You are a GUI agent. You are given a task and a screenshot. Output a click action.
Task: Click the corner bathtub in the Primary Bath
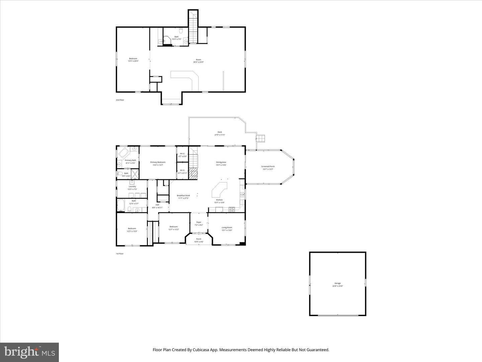click(x=124, y=154)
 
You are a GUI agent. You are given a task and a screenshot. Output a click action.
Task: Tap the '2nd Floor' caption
click(x=120, y=100)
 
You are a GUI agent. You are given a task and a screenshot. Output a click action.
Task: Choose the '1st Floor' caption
click(x=119, y=254)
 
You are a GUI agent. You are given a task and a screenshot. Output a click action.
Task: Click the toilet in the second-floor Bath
click(x=181, y=31)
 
